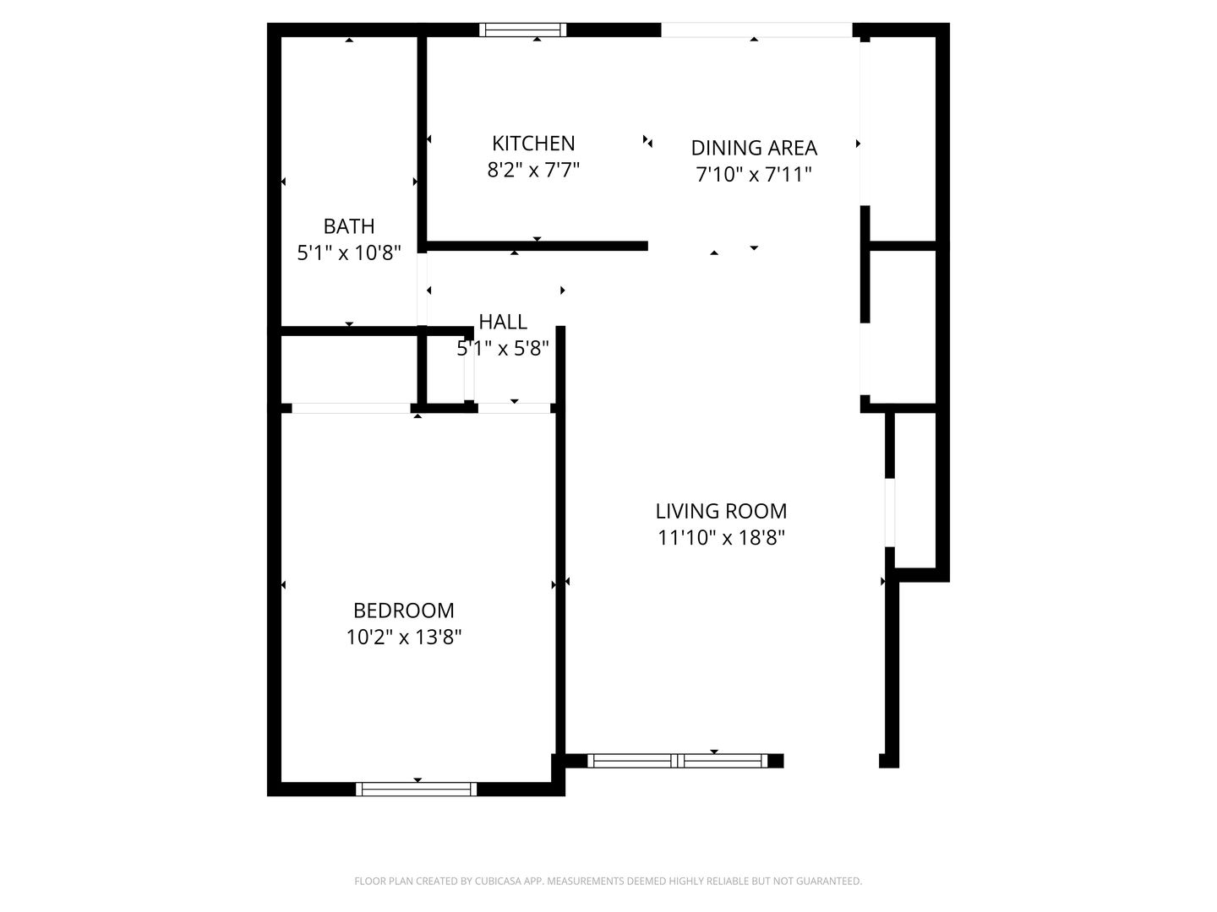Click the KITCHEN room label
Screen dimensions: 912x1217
tap(533, 144)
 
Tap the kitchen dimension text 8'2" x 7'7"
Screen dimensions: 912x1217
tap(533, 171)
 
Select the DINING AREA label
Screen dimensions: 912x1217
tap(754, 148)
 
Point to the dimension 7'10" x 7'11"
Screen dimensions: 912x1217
tap(754, 175)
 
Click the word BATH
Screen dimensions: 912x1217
tap(349, 226)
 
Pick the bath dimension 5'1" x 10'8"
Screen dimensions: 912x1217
tap(349, 252)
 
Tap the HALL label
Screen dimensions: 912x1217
tap(503, 322)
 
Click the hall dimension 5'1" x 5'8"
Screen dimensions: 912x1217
tap(503, 348)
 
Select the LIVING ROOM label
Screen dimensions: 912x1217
tap(721, 511)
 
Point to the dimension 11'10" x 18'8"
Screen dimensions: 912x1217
tap(721, 538)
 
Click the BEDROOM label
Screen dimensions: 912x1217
tap(403, 611)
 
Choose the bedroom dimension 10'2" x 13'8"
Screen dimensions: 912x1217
tap(403, 637)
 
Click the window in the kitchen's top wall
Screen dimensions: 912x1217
tap(522, 30)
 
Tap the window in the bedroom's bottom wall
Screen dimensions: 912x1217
tap(416, 790)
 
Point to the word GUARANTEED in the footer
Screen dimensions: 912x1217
tap(830, 882)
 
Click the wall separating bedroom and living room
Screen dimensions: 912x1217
tap(559, 540)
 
